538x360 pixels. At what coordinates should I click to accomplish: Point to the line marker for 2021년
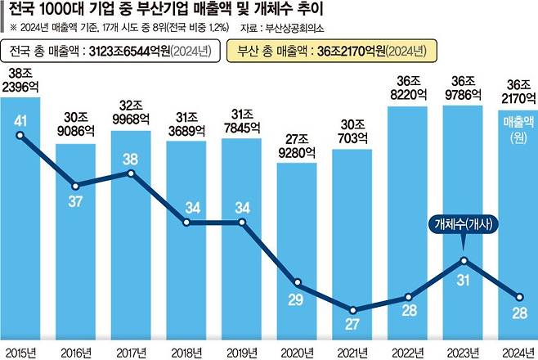(x=352, y=310)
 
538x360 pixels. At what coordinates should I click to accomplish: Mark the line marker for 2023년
(x=464, y=261)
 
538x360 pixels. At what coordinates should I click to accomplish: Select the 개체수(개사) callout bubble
(x=464, y=225)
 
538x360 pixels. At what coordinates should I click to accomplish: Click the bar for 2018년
(x=187, y=245)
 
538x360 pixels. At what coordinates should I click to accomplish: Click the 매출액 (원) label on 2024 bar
(x=518, y=130)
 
